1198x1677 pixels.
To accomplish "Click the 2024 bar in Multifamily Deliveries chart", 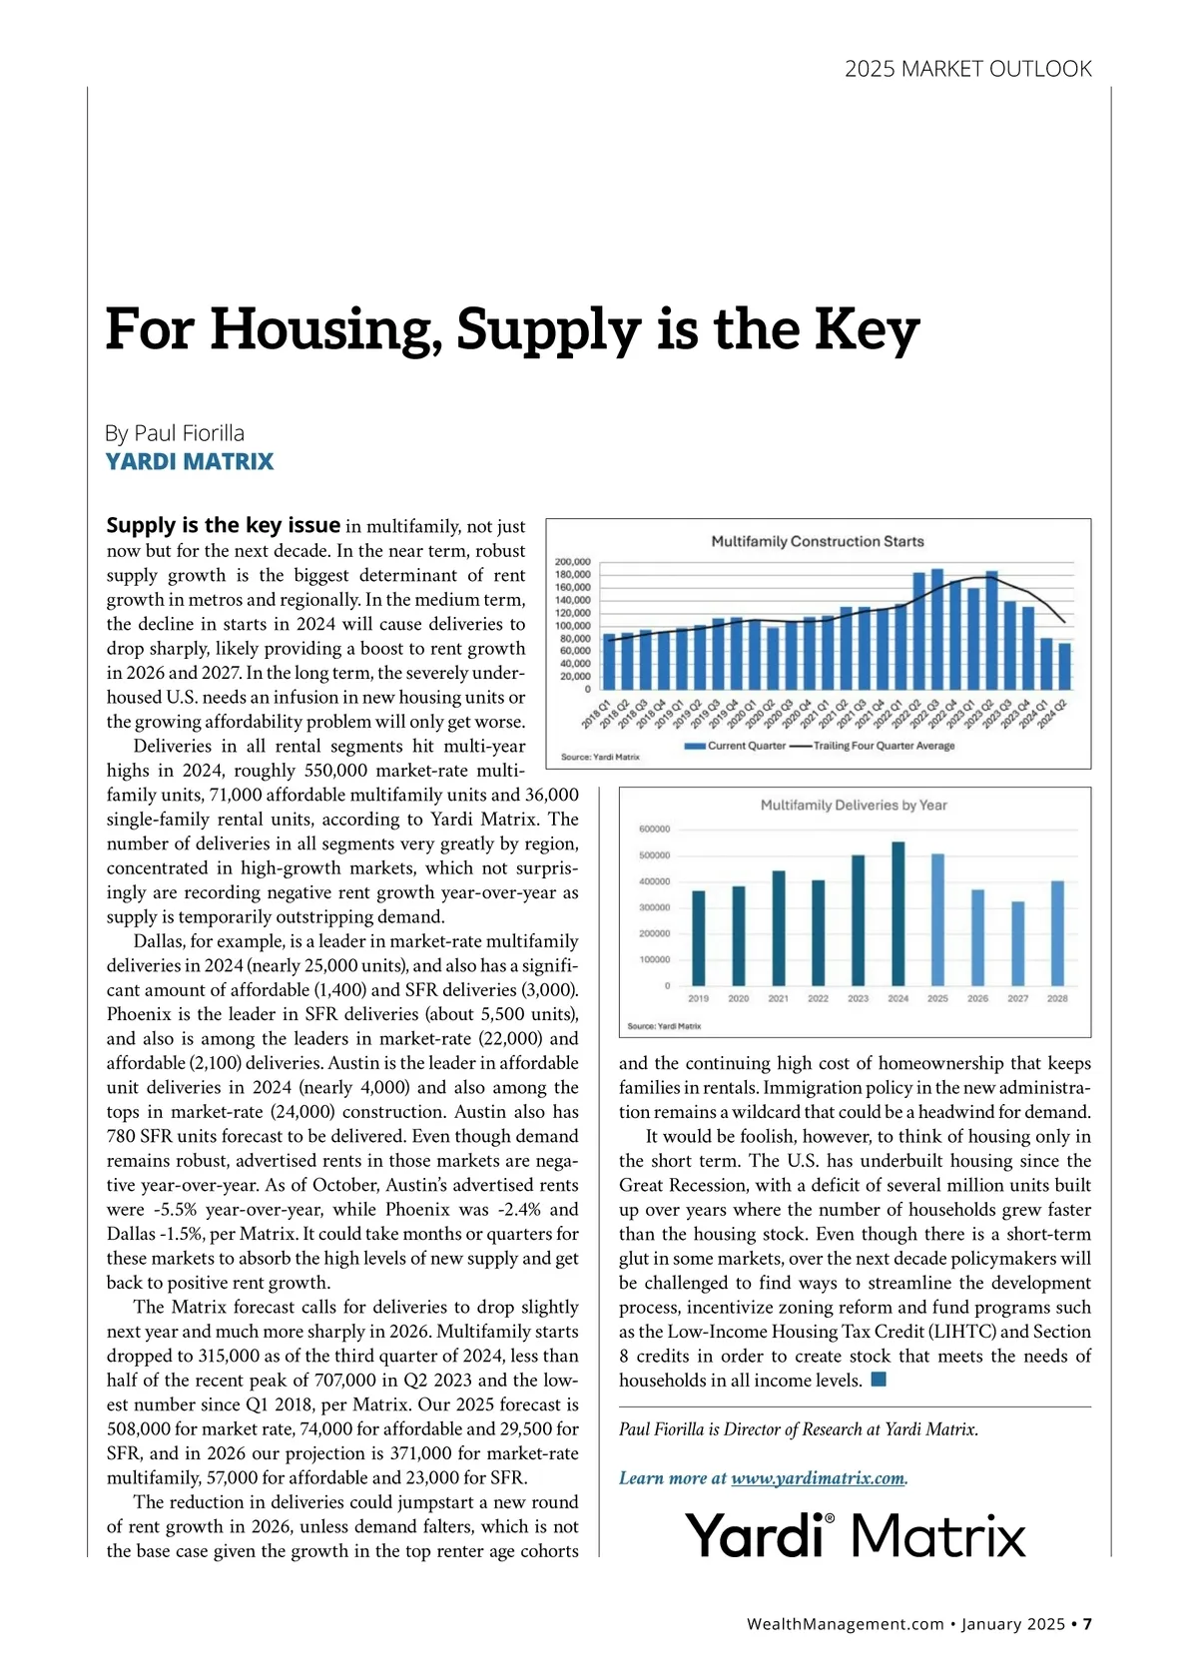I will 898,914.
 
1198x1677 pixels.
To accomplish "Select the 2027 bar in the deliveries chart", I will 1017,943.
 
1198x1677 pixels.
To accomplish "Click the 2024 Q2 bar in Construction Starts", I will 1064,666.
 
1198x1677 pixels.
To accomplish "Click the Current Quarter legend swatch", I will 695,746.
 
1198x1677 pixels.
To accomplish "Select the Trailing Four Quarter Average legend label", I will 884,746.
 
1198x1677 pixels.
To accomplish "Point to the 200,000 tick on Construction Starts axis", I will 573,562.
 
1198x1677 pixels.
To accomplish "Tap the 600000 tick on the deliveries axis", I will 654,830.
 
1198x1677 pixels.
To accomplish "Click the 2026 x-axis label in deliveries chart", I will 977,998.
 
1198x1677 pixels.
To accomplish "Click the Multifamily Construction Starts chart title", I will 817,541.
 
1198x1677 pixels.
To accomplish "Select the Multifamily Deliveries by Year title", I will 854,805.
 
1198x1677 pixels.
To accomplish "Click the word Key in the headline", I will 866,329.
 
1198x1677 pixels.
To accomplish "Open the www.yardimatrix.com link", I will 817,1478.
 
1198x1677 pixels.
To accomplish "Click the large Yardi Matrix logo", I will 856,1535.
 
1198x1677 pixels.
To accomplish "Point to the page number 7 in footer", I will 1087,1624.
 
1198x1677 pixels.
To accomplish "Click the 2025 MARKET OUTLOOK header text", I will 967,69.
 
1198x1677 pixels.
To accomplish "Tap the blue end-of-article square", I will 879,1380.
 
